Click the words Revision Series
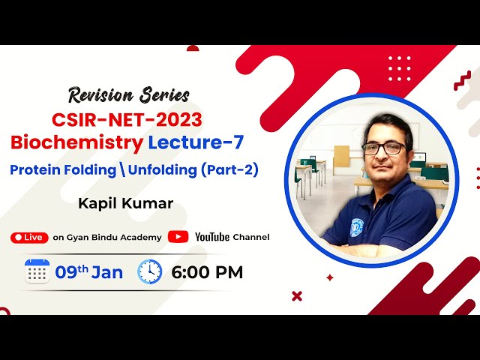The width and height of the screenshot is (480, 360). [129, 94]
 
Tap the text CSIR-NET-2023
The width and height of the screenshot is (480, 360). [127, 119]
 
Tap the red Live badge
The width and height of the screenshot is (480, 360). [28, 237]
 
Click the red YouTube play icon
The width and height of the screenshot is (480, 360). [178, 237]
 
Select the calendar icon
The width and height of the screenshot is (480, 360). [37, 271]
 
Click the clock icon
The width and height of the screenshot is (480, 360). [149, 271]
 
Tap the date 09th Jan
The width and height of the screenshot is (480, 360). [88, 272]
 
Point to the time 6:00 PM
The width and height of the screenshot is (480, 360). [207, 272]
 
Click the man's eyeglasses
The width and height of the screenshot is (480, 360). [383, 148]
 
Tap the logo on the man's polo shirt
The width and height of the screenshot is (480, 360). [356, 226]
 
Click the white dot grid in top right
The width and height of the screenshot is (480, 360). [399, 67]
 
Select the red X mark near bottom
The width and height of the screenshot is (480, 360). [297, 295]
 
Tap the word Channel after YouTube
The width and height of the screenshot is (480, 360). [251, 237]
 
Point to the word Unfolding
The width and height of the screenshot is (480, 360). [162, 169]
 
